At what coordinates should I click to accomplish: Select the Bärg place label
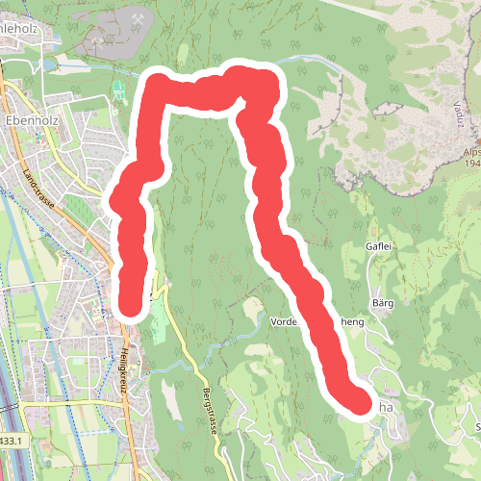pyautogui.click(x=384, y=303)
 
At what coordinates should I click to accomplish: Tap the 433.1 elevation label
pyautogui.click(x=10, y=441)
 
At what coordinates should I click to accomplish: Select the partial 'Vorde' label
pyautogui.click(x=288, y=321)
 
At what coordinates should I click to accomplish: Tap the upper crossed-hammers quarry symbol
pyautogui.click(x=138, y=18)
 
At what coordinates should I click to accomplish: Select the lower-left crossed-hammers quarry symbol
pyautogui.click(x=96, y=41)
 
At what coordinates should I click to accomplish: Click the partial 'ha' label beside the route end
pyautogui.click(x=387, y=407)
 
